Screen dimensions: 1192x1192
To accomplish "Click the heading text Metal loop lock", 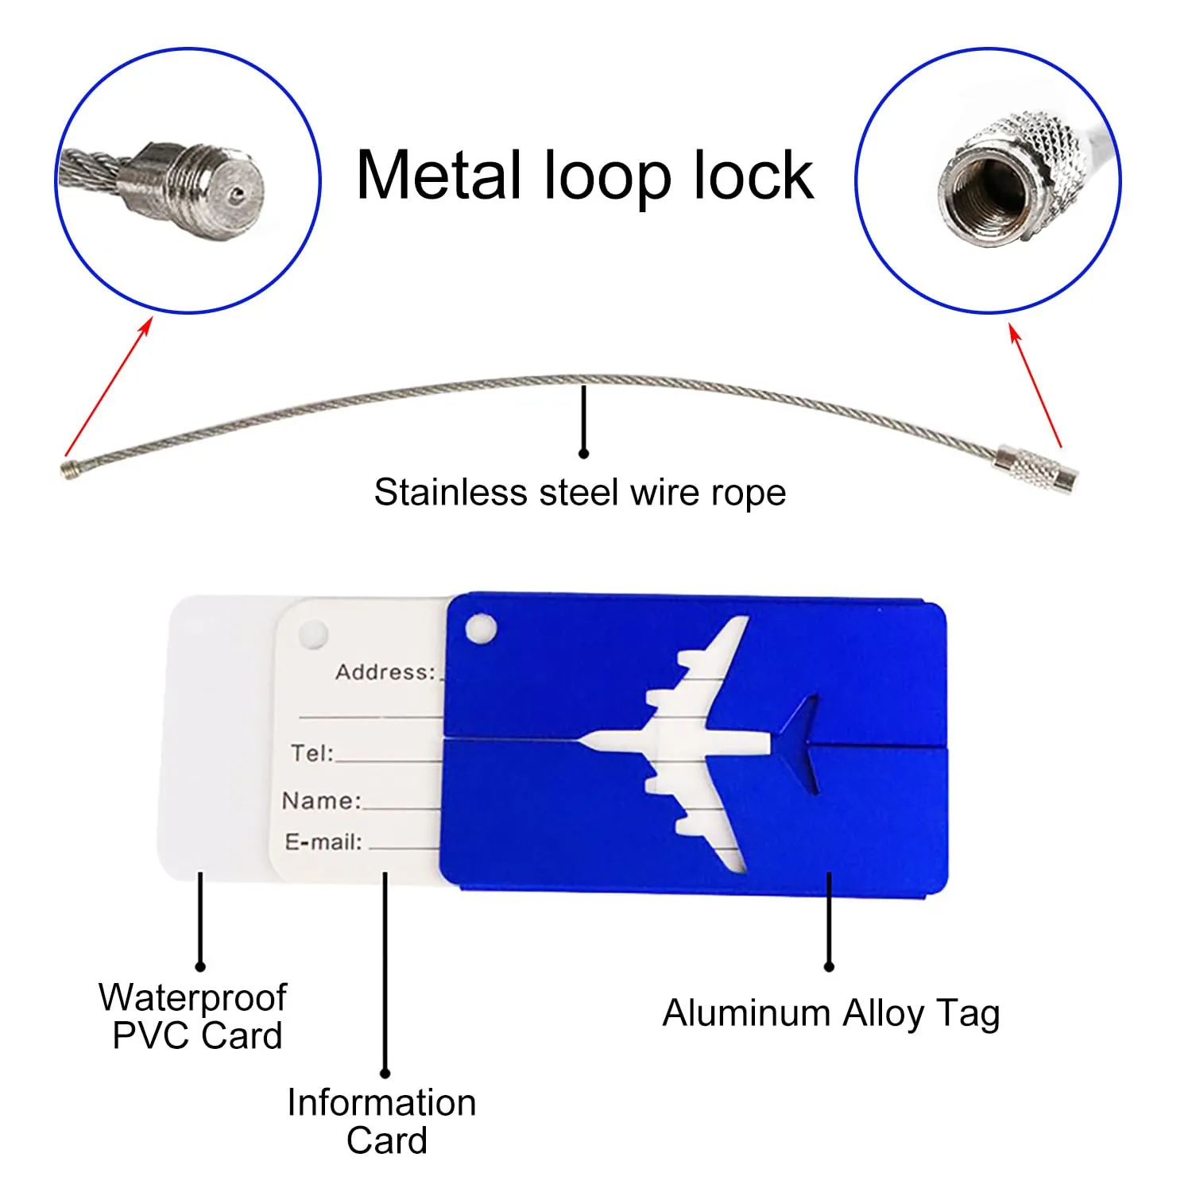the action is [585, 176].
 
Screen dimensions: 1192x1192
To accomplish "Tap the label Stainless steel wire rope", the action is [580, 493].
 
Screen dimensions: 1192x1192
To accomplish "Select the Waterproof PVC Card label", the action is [193, 1016].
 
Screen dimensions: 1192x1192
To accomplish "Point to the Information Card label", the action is [382, 1121].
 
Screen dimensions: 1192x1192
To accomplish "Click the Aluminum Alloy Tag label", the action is [831, 1015].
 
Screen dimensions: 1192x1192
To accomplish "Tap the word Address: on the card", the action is [385, 672].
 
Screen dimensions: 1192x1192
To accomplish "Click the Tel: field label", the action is [312, 753].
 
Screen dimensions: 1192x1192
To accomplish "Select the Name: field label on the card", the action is [322, 800].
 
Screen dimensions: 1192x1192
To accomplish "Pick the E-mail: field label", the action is [323, 842].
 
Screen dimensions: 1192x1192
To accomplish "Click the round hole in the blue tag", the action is [481, 629].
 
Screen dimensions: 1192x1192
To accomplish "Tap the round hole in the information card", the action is [312, 634].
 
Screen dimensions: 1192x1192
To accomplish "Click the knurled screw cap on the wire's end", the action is [1037, 469].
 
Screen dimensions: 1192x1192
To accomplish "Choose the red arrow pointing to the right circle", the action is [1035, 385].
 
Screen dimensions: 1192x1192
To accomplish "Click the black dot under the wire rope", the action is [584, 453].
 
